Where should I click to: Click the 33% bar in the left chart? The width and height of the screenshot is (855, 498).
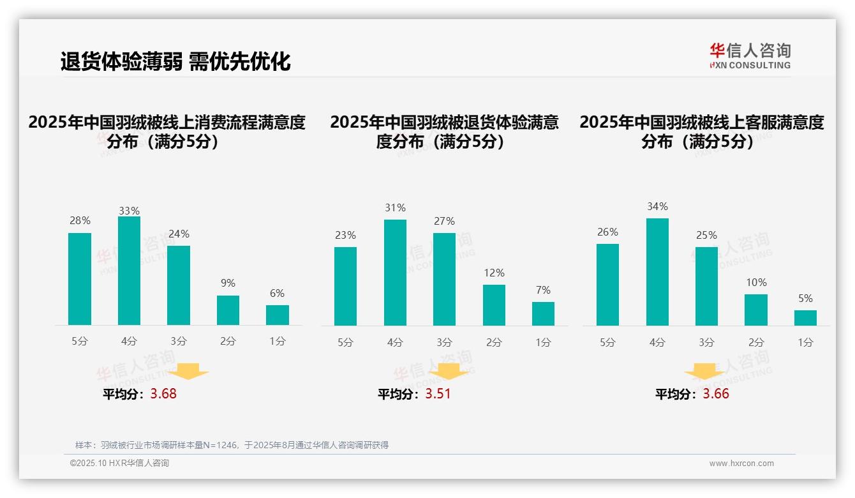coord(129,271)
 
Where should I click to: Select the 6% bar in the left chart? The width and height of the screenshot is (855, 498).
coord(278,315)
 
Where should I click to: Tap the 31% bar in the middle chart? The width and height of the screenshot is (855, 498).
coord(395,273)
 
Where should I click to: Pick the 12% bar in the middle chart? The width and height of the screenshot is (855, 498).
coord(494,305)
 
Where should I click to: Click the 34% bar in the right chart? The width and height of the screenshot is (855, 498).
coord(657,272)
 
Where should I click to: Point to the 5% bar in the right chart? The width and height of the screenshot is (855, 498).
coord(805,317)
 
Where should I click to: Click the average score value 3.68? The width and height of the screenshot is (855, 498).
coord(163,394)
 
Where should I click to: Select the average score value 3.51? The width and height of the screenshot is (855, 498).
coord(438,394)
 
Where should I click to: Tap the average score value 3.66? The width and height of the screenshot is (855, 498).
coord(716,394)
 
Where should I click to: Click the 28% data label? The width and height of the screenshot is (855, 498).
coord(80,221)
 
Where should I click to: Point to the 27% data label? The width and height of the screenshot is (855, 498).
coord(445,222)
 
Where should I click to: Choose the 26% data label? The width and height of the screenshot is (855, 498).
coord(608,232)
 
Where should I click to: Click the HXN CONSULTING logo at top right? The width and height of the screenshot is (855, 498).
coord(750,56)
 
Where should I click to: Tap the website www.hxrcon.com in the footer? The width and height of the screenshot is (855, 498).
coord(741,464)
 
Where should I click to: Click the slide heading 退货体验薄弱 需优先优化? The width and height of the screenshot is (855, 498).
coord(175,61)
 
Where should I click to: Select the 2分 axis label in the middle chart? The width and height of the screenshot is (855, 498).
coord(494,342)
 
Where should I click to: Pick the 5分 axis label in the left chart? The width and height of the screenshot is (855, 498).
coord(80,342)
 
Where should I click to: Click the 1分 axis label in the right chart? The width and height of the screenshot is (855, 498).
coord(805,342)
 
